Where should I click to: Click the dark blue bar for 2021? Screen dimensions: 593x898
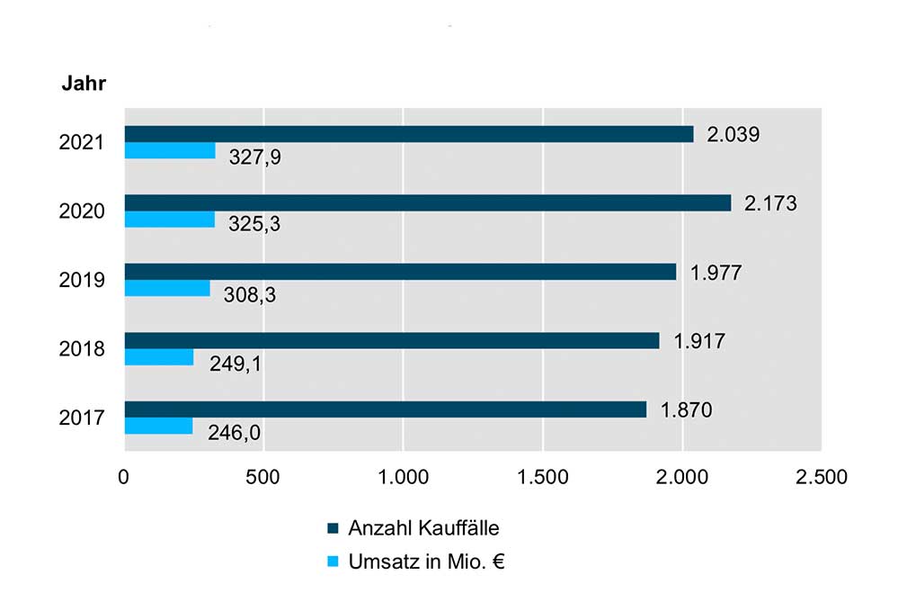tap(409, 134)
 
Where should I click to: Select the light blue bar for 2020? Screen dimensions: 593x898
tap(169, 220)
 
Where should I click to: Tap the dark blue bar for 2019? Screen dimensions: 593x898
tap(400, 272)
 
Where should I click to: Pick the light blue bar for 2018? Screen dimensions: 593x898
tap(158, 357)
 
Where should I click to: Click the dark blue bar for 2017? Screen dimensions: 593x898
tap(385, 409)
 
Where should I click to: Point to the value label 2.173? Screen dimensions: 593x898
tap(770, 203)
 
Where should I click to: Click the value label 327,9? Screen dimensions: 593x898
tap(253, 158)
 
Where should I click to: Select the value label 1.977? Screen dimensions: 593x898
tap(716, 272)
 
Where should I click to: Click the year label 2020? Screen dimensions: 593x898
tap(83, 211)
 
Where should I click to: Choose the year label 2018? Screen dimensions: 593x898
tap(83, 349)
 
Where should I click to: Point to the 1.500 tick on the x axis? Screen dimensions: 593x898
tap(543, 477)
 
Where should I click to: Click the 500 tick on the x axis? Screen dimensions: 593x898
tap(263, 477)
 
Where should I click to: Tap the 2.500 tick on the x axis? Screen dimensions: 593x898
tap(821, 477)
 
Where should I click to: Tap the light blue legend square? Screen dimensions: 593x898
tap(332, 562)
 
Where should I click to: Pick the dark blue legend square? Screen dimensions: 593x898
tap(332, 528)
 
